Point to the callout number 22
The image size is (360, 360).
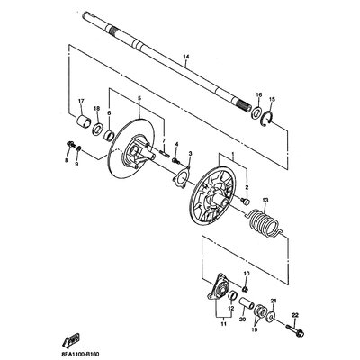[294, 313]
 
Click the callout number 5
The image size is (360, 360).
[139, 96]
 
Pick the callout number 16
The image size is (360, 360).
[259, 94]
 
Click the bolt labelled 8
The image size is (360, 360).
[69, 143]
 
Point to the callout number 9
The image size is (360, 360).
[77, 164]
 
